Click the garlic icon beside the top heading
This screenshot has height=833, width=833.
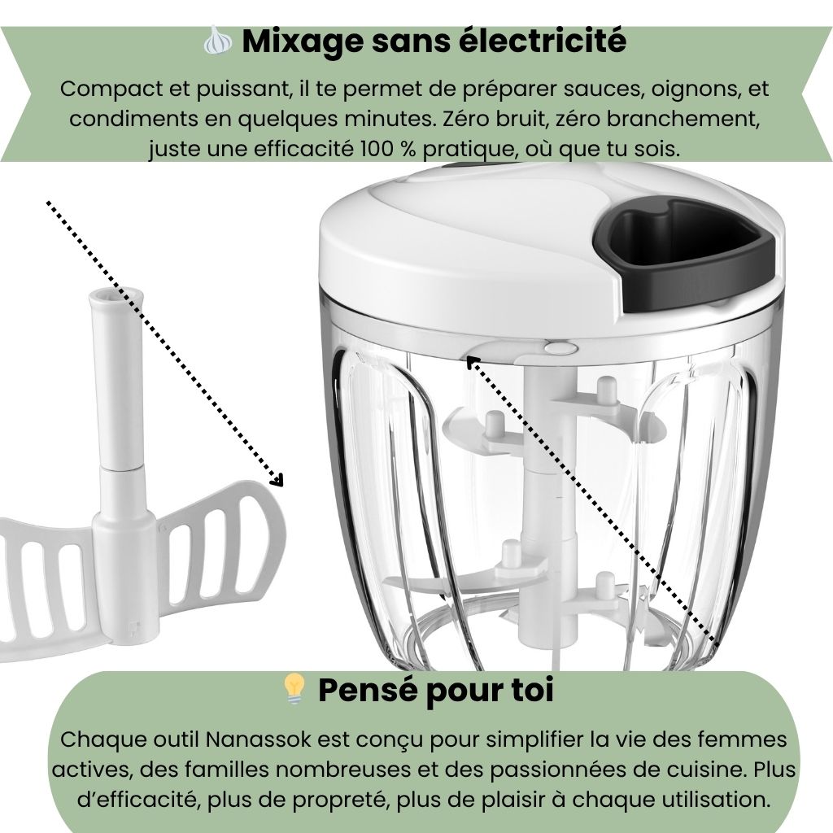pyautogui.click(x=218, y=40)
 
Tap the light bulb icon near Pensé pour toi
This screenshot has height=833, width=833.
pyautogui.click(x=294, y=689)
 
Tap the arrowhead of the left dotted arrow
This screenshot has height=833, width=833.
pyautogui.click(x=277, y=480)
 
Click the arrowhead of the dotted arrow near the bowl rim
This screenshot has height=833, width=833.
pyautogui.click(x=473, y=364)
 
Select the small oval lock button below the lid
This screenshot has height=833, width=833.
pyautogui.click(x=561, y=348)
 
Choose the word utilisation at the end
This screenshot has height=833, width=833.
pyautogui.click(x=715, y=799)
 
